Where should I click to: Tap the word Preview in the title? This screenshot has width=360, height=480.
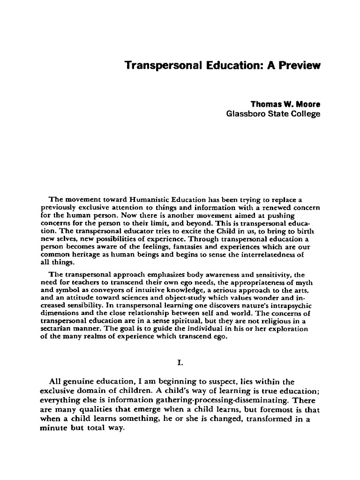300,66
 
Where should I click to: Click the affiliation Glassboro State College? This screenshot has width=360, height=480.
273,114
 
